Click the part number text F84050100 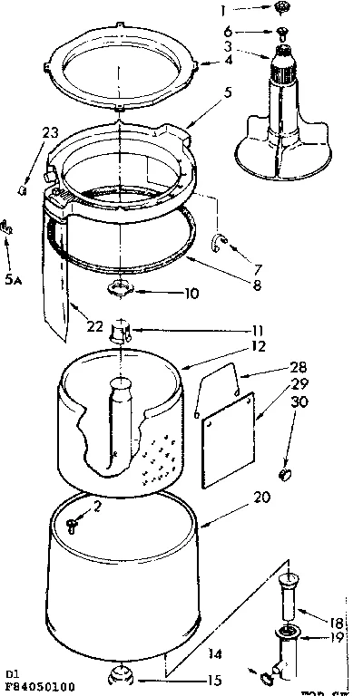click(40, 687)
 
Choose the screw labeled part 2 click(74, 522)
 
